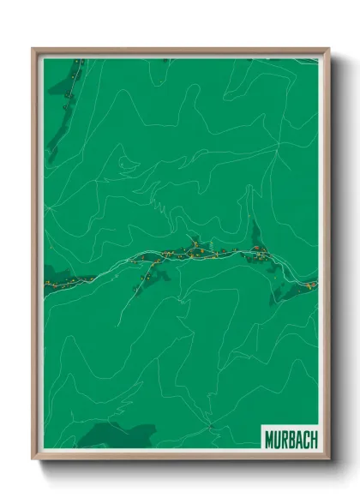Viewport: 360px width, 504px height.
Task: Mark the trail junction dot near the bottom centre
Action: click(208, 423)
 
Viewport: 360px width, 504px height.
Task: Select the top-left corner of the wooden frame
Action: click(33, 50)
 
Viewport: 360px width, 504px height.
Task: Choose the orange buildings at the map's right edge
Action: click(310, 284)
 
